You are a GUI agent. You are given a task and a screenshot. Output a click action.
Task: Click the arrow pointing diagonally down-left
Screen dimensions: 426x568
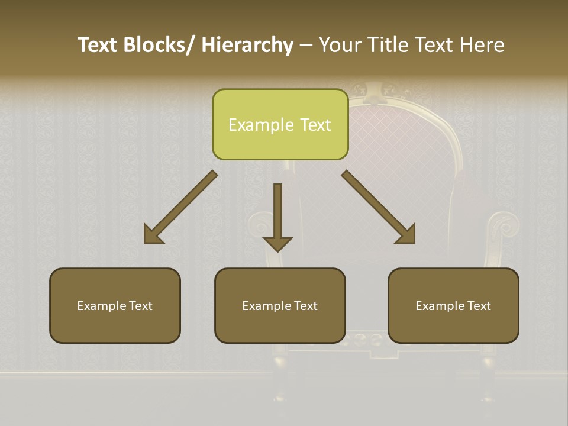180,207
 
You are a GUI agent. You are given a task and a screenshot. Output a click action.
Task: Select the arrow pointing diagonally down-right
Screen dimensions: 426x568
379,207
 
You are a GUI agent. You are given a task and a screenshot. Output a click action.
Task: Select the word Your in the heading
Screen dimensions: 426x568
340,45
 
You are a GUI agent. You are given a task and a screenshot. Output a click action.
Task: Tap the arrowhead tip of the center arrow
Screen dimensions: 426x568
277,250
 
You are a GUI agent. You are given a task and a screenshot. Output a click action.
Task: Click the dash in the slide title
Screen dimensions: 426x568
306,45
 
